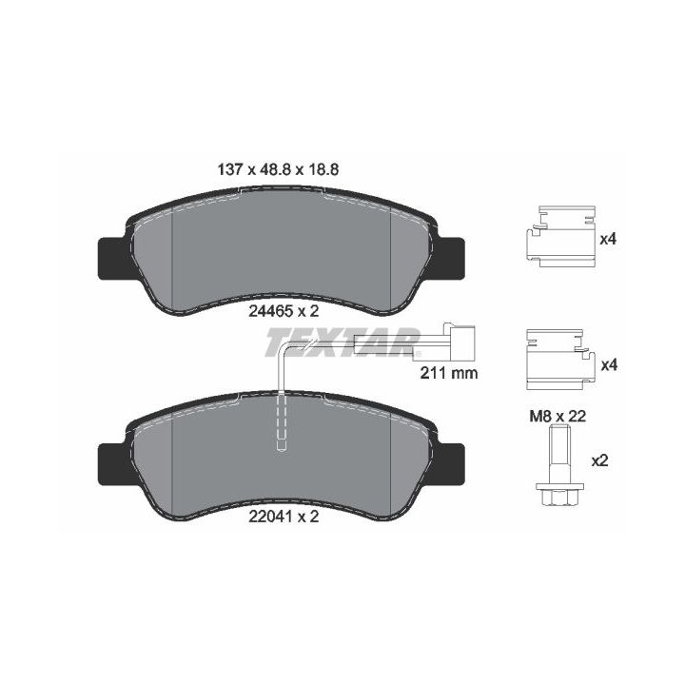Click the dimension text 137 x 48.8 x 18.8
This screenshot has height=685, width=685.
pyautogui.click(x=278, y=169)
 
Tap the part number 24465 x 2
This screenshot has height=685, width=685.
pyautogui.click(x=284, y=311)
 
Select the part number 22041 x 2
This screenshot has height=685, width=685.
pyautogui.click(x=284, y=517)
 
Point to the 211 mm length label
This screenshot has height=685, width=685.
pyautogui.click(x=449, y=373)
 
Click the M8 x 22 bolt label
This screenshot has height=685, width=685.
pyautogui.click(x=558, y=417)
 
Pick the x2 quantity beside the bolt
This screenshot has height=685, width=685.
pyautogui.click(x=599, y=460)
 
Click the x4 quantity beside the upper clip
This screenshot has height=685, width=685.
pyautogui.click(x=608, y=240)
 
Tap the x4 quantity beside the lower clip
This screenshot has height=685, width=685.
pyautogui.click(x=609, y=364)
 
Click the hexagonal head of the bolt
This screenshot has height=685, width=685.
pyautogui.click(x=559, y=495)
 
